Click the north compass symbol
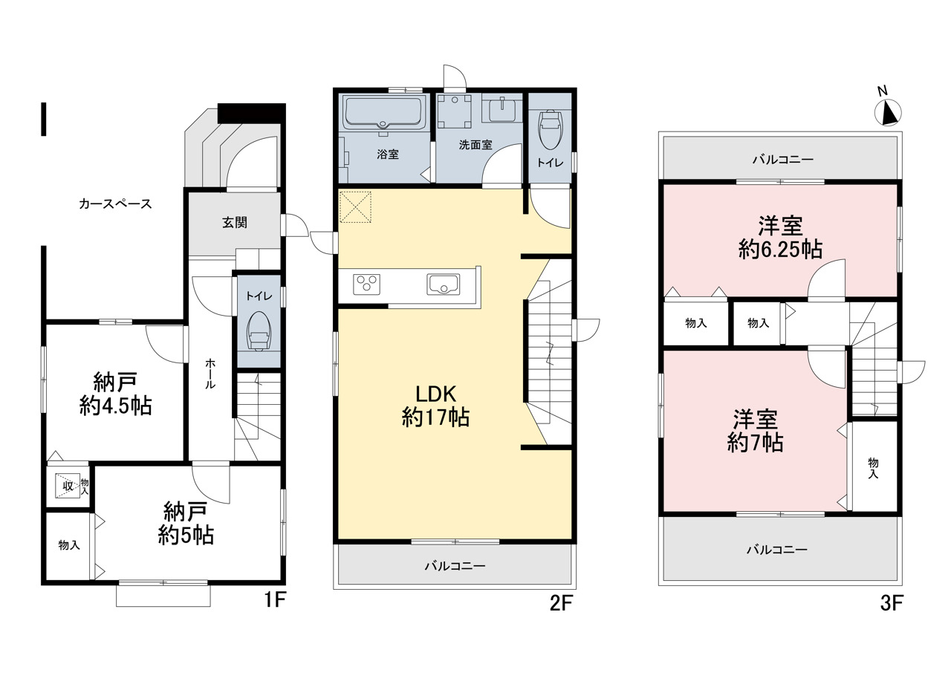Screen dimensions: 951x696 click(888, 112)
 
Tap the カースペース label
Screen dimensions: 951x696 click(115, 204)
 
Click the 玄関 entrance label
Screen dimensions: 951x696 click(235, 222)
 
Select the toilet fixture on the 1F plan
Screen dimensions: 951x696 click(259, 331)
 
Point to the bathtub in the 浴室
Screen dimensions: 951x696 click(383, 114)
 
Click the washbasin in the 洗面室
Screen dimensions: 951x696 click(503, 111)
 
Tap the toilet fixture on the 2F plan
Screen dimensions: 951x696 click(550, 129)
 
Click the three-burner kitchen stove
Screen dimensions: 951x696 click(366, 284)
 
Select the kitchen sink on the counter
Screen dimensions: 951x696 click(444, 284)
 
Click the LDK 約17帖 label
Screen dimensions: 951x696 click(435, 406)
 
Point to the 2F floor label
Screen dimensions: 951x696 click(561, 602)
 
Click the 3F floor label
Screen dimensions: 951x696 click(892, 602)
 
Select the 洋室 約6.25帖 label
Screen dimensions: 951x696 click(780, 238)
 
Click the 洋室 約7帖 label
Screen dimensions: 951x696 click(756, 431)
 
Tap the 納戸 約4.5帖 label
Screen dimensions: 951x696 click(115, 394)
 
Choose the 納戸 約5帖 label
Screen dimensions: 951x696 click(186, 523)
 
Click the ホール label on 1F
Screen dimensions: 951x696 click(210, 374)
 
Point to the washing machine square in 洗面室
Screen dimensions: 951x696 click(455, 111)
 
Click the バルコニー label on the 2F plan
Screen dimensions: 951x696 click(455, 566)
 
